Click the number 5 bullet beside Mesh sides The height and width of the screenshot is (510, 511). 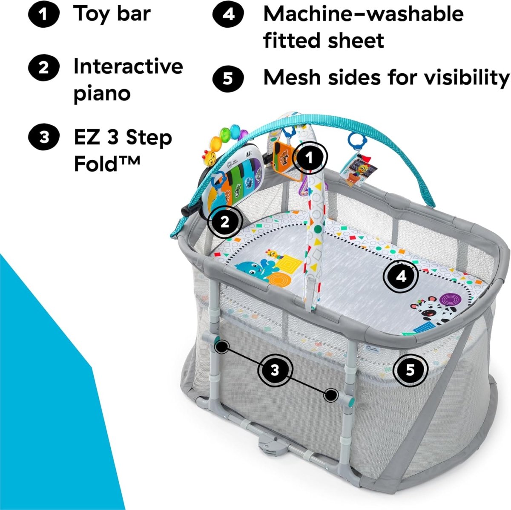(228, 78)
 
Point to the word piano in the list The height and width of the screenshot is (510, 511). (102, 93)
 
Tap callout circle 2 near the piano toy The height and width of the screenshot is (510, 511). (225, 221)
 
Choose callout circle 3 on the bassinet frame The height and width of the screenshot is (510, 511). (275, 369)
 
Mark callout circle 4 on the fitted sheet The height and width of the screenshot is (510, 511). (401, 277)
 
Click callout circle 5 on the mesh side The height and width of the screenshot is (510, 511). (410, 369)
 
